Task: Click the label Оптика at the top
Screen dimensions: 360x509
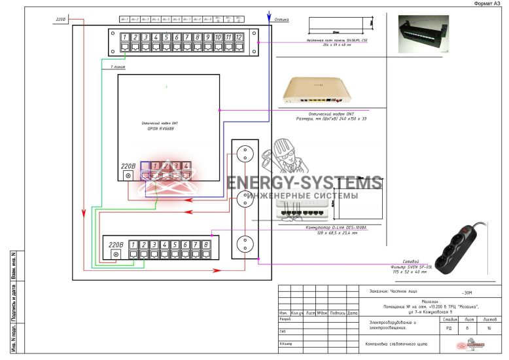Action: [282, 20]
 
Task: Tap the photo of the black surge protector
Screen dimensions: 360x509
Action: [461, 247]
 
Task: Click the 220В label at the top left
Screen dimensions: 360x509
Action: [60, 19]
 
